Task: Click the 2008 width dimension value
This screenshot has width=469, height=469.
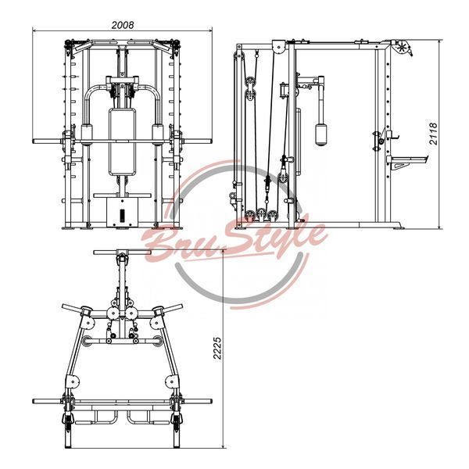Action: tap(123, 25)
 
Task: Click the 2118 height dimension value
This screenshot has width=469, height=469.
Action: tap(433, 134)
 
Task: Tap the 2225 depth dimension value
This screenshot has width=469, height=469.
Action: tap(217, 348)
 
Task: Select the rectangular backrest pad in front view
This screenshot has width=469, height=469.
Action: tap(122, 141)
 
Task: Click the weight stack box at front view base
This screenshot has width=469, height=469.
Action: tap(122, 213)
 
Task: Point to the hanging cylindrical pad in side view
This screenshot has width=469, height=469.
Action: tap(321, 134)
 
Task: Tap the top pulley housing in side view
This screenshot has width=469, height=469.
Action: tap(279, 47)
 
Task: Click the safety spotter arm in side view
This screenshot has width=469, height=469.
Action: tap(407, 161)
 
